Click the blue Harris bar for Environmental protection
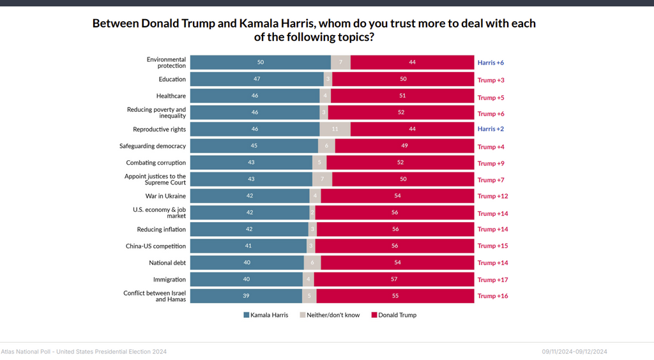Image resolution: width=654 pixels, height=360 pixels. [260, 63]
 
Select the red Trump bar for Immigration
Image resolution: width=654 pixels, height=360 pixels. [393, 279]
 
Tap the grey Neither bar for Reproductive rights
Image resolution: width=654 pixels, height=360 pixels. [335, 129]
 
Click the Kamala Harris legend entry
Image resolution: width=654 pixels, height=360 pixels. [265, 315]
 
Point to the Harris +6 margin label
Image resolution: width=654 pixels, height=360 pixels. [490, 63]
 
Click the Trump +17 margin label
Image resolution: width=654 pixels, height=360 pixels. [492, 280]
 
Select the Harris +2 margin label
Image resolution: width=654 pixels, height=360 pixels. [490, 129]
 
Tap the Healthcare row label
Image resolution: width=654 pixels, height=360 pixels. [171, 96]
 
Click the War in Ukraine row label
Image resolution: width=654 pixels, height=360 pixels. [165, 196]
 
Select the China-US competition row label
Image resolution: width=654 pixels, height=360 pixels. [155, 246]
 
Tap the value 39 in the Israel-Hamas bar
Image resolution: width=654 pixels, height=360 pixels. [246, 296]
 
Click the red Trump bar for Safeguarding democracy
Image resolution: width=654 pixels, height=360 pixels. [404, 146]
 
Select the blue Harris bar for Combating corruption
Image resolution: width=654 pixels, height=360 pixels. [251, 162]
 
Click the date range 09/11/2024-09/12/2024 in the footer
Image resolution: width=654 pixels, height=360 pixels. [574, 352]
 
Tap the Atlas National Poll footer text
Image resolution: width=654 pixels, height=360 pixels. [84, 352]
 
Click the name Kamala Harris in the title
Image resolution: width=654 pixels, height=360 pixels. [277, 24]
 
